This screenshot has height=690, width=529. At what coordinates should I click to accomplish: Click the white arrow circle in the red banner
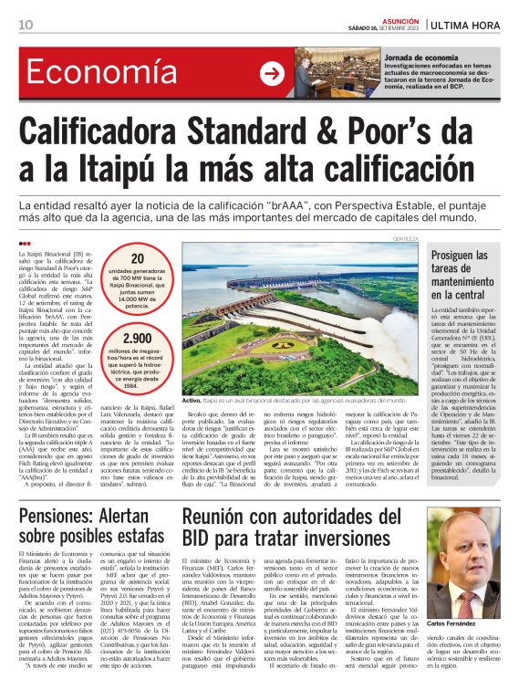point(271,74)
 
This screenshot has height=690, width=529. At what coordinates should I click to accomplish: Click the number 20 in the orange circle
point(138,259)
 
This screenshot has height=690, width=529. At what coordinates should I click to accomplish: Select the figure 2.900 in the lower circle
point(138,340)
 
